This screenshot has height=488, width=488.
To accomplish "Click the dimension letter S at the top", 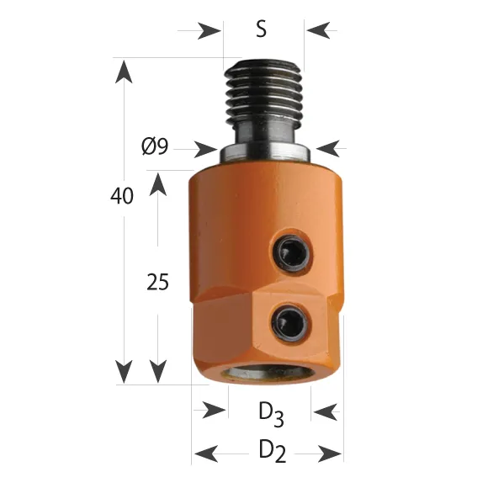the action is [x=261, y=29].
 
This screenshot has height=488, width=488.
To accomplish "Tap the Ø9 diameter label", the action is [x=155, y=146].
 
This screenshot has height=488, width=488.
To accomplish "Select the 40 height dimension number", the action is [x=122, y=196].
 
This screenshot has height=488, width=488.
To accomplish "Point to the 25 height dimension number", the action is [x=157, y=282].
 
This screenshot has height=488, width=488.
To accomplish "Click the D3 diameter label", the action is [x=271, y=415].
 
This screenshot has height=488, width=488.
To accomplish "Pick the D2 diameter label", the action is [x=272, y=450].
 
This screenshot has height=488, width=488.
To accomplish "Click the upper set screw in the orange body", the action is [x=292, y=252].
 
